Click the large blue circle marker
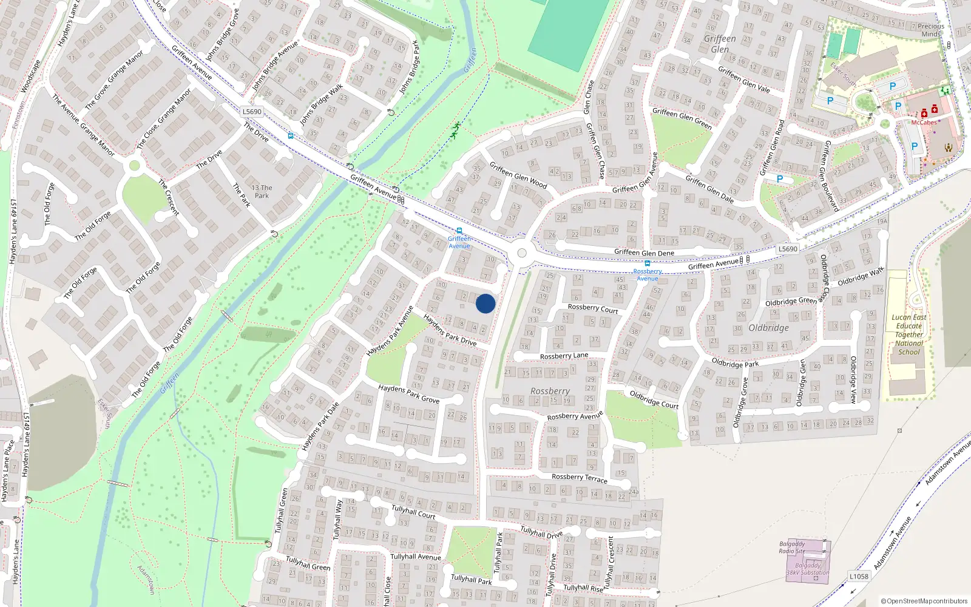(x=486, y=303)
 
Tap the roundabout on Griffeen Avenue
(x=521, y=253)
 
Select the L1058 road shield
(x=858, y=576)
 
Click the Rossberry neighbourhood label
(x=550, y=392)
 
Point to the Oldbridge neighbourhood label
(x=768, y=328)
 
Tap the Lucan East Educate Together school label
(x=908, y=334)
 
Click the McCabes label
(x=924, y=123)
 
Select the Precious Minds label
(x=931, y=30)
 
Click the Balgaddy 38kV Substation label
(x=807, y=569)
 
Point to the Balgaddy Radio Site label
(x=792, y=548)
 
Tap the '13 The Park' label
(x=262, y=191)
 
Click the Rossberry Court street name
(x=592, y=308)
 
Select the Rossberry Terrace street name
(x=579, y=478)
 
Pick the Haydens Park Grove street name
(x=408, y=394)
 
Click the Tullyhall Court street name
(x=413, y=511)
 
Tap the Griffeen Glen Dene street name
(x=644, y=253)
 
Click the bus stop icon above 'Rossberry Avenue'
(x=648, y=263)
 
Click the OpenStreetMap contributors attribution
(x=924, y=601)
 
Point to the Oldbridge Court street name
(x=654, y=399)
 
